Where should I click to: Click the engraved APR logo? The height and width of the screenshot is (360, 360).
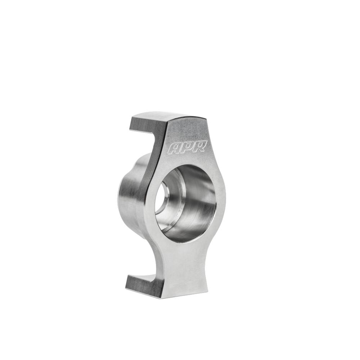point(187,147)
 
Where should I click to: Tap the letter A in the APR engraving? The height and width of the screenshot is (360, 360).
point(174,149)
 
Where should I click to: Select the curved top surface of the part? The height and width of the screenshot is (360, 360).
point(169,117)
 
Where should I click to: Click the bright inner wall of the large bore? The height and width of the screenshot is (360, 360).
point(202,202)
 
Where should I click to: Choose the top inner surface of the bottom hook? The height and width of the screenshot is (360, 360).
point(142,278)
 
